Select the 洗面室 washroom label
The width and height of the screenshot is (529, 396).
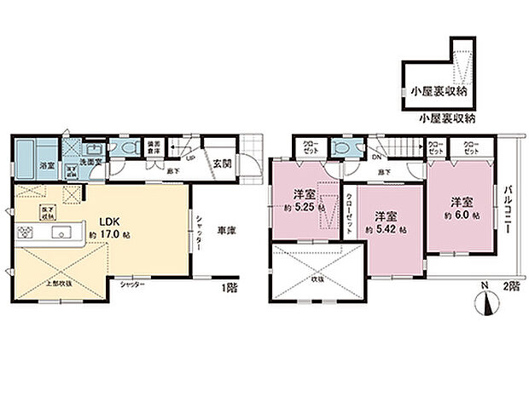tap(91, 161)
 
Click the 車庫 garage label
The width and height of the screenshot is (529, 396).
tap(225, 229)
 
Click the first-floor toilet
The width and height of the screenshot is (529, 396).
tap(128, 146)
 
